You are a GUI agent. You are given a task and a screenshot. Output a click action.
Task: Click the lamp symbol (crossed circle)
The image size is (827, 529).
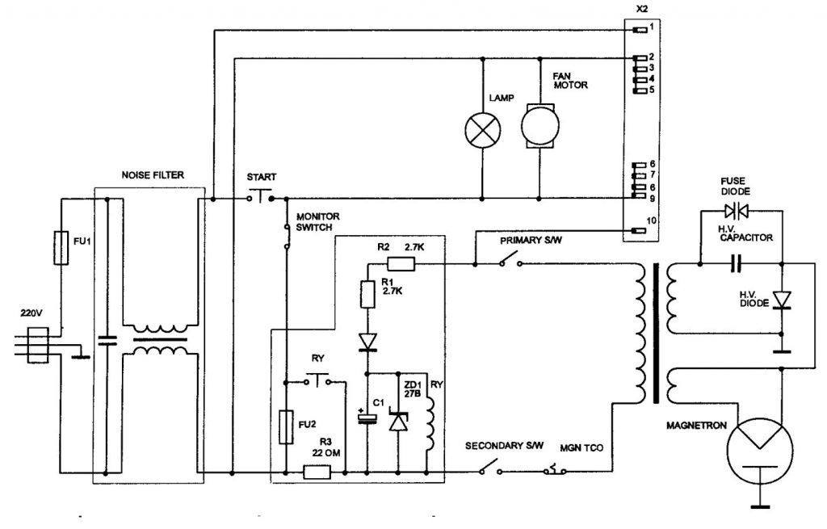tap(482, 128)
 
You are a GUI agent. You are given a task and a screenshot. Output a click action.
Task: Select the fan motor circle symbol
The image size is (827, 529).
tap(538, 125)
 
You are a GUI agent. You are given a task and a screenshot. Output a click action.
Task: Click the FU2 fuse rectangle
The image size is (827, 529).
tap(284, 426)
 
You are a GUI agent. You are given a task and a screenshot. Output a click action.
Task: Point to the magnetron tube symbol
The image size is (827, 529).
tap(760, 439)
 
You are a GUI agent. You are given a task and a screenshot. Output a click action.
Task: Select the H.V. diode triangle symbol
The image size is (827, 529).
tap(782, 300)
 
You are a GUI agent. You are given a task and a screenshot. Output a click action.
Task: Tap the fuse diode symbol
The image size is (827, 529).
tap(740, 212)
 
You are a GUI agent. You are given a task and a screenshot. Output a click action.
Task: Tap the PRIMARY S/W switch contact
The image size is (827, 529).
tap(508, 261)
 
